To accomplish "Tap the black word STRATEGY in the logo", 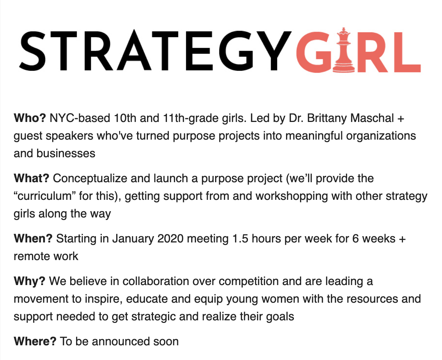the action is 155,51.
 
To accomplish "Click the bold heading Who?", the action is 30,118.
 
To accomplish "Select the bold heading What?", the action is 31,178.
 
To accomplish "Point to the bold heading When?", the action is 33,238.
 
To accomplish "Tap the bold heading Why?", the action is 29,281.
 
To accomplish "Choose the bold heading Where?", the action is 35,341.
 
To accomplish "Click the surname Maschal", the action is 372,118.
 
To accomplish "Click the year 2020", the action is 170,238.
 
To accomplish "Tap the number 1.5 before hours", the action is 240,238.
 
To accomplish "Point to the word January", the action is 133,239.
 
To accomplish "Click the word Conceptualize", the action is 90,179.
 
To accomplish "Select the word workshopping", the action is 291,197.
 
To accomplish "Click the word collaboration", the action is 156,281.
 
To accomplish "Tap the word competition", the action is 249,281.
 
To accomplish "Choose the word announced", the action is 121,341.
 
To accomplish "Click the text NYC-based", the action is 80,118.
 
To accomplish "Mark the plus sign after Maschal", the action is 401,118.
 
